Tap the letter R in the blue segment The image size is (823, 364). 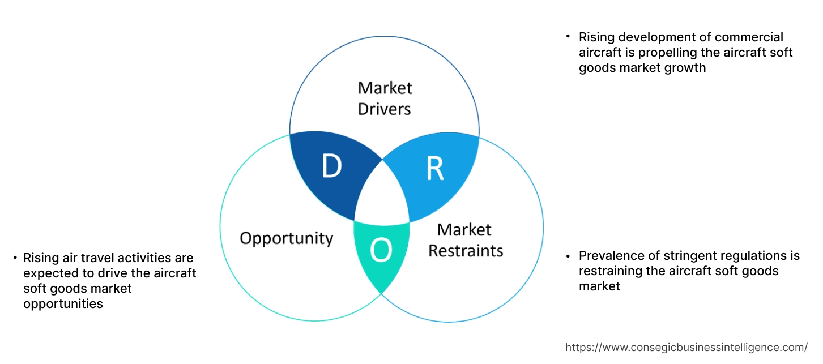[x=434, y=169]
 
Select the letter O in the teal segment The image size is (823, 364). [x=381, y=251]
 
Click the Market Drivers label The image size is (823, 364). [x=385, y=98]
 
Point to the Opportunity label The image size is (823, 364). [x=286, y=238]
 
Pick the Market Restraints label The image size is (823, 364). [x=465, y=239]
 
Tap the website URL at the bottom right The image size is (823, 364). [x=686, y=347]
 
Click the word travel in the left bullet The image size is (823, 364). [x=93, y=259]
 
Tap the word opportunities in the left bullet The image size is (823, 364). [x=63, y=304]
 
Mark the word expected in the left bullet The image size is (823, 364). [x=48, y=273]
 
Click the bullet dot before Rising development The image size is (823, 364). [x=568, y=36]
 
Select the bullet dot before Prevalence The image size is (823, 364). [x=568, y=255]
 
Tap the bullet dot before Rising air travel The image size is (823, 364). [x=15, y=258]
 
